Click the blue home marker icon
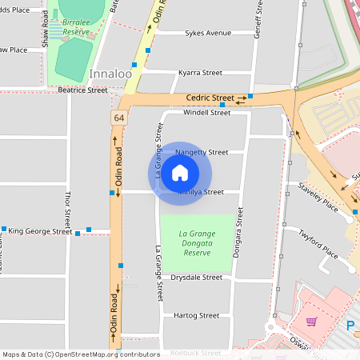coord(180,173)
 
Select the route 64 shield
coord(118,118)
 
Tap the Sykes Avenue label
coord(204,33)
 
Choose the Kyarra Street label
coord(200,72)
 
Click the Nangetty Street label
coord(202,152)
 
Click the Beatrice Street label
coord(82,90)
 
